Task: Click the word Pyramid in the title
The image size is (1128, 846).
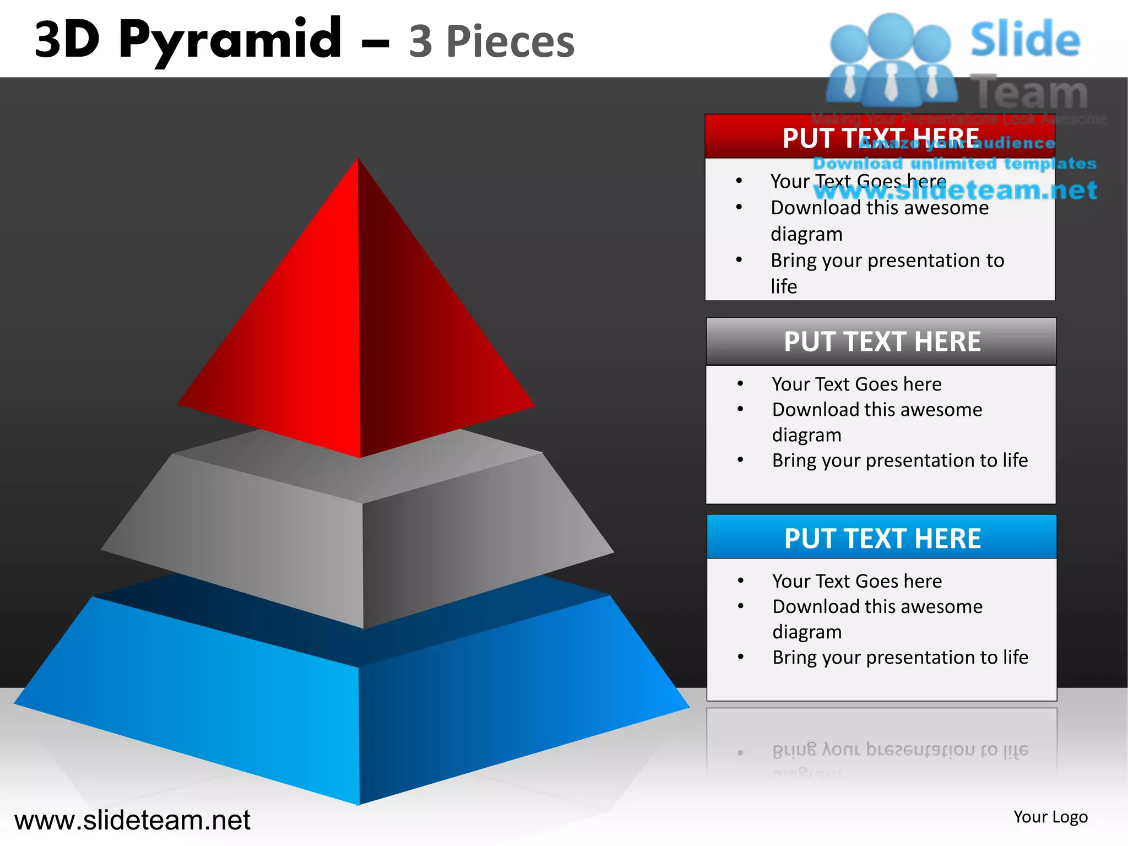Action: click(230, 40)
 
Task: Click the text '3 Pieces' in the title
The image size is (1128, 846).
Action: click(491, 42)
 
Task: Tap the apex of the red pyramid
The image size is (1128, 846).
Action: click(358, 161)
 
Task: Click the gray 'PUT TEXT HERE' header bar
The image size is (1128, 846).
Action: click(881, 341)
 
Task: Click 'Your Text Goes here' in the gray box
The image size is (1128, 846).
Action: click(856, 384)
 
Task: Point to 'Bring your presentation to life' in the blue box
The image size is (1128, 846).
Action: click(900, 657)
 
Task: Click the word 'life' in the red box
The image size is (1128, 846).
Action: click(783, 286)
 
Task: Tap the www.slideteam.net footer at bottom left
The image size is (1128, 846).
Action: click(132, 820)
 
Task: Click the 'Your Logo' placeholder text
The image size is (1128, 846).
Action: click(1050, 817)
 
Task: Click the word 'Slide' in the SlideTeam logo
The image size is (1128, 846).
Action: click(1024, 40)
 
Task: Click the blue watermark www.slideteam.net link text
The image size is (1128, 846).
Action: click(955, 191)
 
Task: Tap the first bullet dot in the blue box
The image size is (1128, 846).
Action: click(741, 581)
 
